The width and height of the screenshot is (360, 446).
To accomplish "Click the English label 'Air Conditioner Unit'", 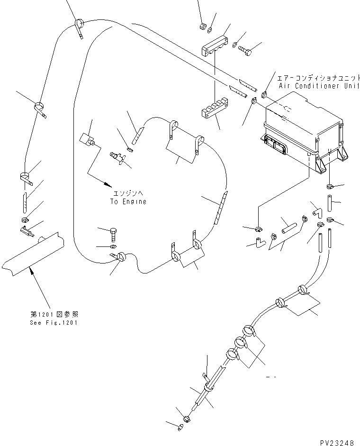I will point(319,86).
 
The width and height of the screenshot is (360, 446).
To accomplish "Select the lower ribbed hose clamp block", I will point(214,109).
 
